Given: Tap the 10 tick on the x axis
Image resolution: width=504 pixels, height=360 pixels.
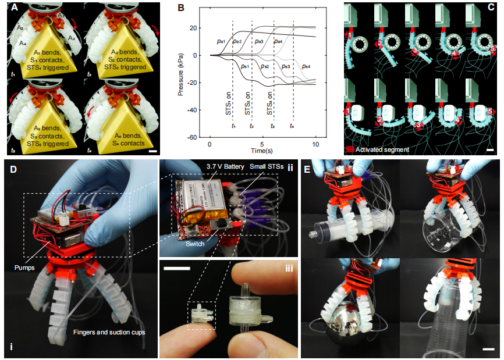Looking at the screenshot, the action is coord(315,144).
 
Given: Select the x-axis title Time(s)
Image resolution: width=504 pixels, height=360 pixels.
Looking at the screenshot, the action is coord(262,150).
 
